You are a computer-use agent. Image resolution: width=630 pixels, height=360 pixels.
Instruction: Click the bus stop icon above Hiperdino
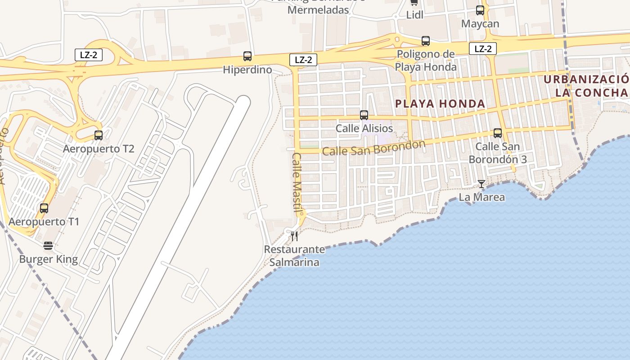point(247,56)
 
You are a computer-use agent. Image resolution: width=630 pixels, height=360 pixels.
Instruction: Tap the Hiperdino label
point(247,70)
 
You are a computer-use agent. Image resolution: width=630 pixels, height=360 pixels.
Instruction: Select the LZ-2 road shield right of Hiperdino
point(303,59)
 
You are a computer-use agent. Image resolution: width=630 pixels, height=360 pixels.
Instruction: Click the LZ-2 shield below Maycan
point(482,49)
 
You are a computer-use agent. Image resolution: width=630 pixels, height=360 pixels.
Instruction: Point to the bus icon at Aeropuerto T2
point(99,135)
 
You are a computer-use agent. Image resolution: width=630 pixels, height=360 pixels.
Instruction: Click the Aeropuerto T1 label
point(44,222)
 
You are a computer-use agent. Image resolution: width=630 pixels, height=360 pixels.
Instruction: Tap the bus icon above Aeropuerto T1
point(44,208)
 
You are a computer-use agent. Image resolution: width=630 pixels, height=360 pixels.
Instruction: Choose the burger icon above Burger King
point(48,246)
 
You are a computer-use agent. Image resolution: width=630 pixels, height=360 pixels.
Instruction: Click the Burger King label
point(48,259)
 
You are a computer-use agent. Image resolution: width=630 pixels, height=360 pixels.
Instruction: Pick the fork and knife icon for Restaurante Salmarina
point(294,236)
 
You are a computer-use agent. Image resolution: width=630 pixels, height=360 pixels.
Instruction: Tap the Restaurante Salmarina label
point(294,256)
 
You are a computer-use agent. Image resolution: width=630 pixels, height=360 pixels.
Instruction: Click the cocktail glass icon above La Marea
point(481,184)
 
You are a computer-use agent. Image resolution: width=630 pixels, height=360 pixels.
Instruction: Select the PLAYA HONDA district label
point(440,104)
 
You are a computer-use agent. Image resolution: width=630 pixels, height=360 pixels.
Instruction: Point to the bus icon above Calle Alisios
point(364,115)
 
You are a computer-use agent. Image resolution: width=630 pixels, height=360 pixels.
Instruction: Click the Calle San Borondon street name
point(373,148)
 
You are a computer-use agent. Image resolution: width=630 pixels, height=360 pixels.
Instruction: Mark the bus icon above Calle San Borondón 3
point(497,133)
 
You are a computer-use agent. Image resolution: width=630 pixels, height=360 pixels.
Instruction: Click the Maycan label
point(480,23)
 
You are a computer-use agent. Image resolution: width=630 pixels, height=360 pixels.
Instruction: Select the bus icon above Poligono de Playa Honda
point(425,41)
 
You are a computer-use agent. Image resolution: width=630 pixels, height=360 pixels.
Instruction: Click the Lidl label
point(414,14)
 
